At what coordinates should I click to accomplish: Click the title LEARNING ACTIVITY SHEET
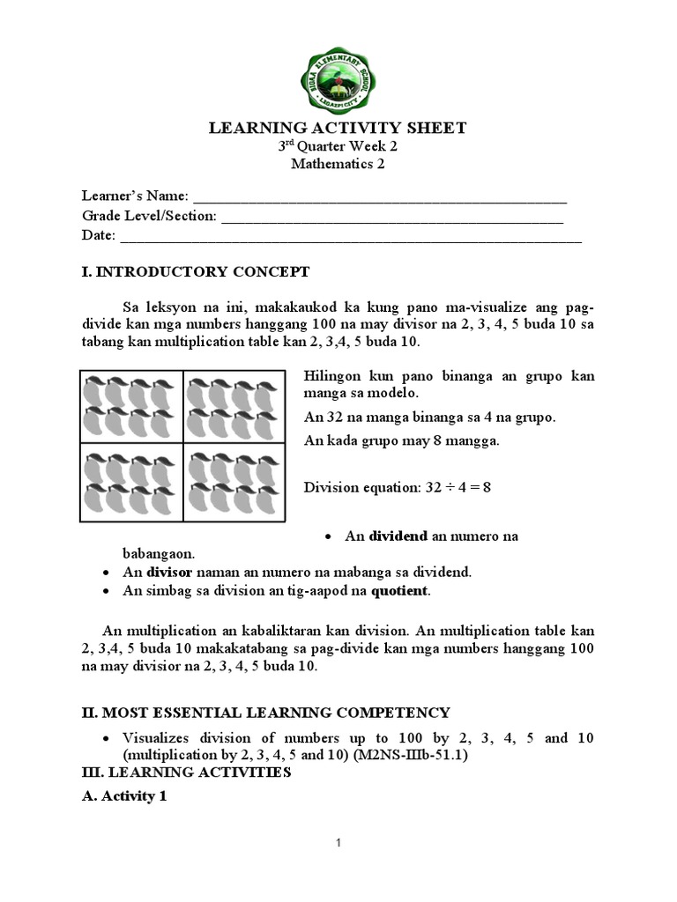click(338, 129)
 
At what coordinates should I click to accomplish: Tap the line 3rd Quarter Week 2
click(338, 146)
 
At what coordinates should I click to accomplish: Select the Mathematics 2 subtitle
click(338, 164)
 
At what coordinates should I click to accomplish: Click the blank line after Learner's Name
click(379, 196)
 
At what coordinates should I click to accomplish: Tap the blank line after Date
click(350, 236)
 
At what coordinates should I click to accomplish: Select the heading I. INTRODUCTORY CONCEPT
click(195, 271)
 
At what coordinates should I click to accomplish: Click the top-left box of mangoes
click(131, 407)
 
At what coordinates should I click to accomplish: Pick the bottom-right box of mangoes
click(234, 483)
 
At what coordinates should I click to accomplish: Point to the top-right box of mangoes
click(234, 407)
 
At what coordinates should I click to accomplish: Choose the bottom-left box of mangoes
click(131, 483)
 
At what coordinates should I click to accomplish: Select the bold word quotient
click(398, 591)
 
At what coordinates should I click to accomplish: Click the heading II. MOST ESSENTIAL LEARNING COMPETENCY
click(265, 713)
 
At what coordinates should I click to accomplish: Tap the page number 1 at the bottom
click(338, 844)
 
